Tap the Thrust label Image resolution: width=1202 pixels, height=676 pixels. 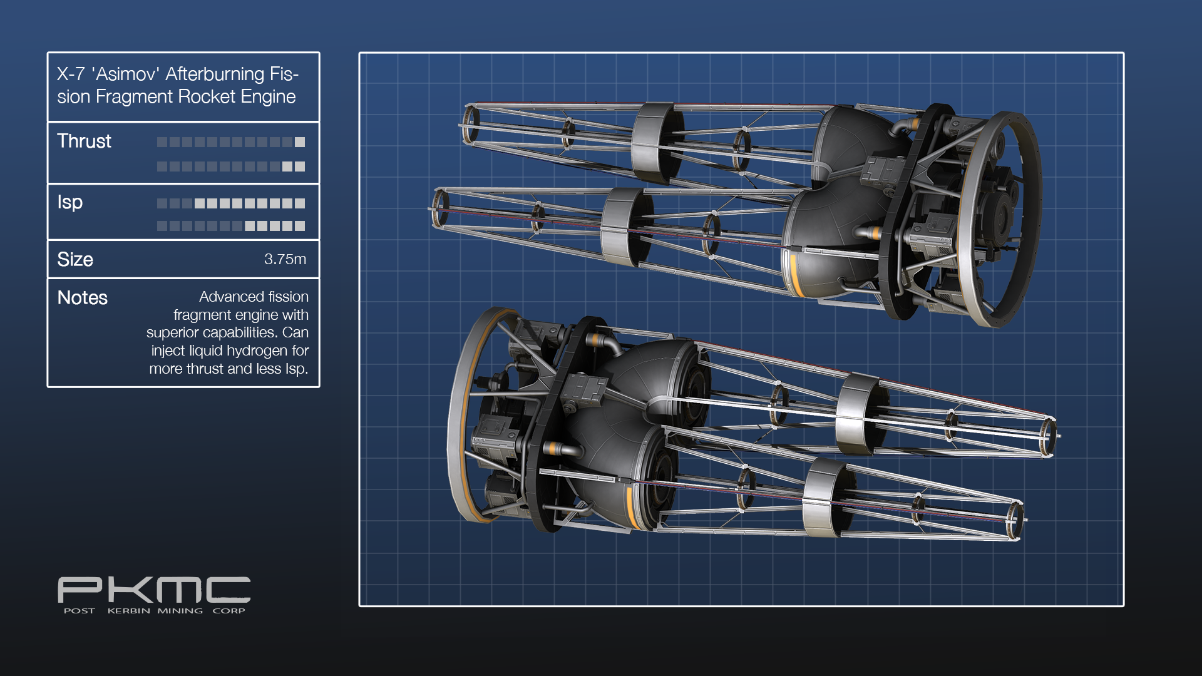(84, 141)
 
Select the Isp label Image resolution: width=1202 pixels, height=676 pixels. (70, 203)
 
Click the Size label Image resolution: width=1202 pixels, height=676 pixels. (75, 259)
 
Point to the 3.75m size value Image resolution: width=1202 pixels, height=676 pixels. (285, 259)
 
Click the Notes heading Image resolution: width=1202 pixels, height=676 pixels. (83, 297)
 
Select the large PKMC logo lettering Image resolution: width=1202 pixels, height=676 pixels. (154, 590)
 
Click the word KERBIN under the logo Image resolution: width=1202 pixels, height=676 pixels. (129, 611)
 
